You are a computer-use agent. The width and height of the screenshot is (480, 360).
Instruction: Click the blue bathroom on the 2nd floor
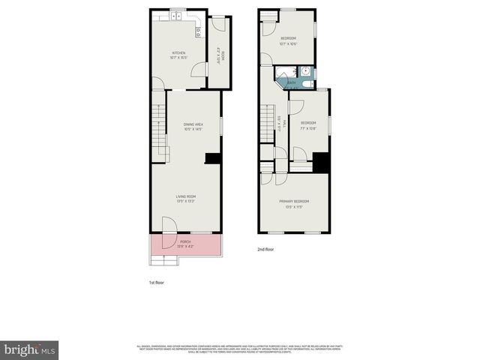[295, 76]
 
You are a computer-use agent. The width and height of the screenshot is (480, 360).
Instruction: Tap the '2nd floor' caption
[266, 248]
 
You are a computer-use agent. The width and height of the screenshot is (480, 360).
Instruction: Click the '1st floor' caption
[156, 282]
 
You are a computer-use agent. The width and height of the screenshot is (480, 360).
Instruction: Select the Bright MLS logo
[30, 349]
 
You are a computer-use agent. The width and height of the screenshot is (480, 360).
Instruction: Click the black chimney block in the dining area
[212, 158]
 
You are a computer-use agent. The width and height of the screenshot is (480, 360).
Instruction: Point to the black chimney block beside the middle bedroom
[321, 162]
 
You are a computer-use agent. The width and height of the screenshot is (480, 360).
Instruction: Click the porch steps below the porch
[164, 259]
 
